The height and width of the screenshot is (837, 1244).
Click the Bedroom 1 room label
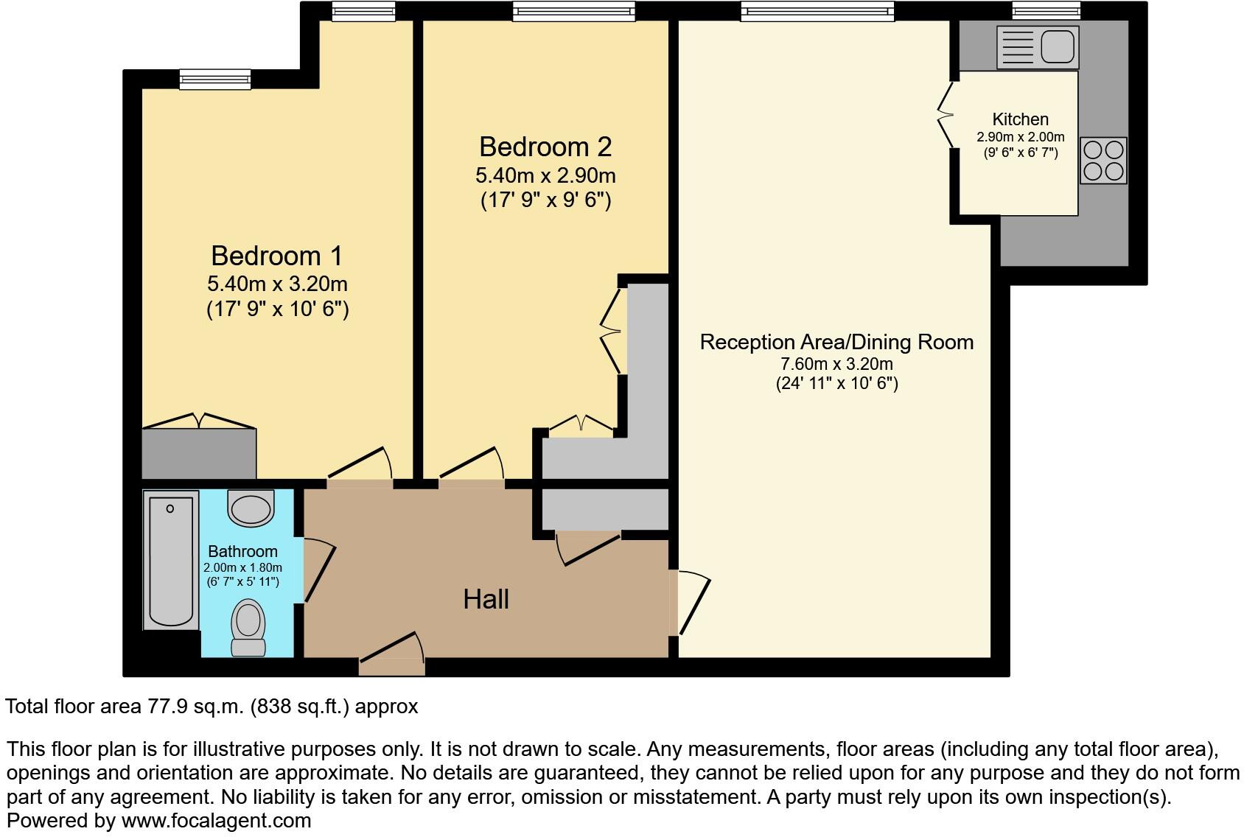(276, 256)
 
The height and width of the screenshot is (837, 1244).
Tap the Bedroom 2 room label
(545, 147)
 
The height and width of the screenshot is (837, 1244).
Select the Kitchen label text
(1020, 119)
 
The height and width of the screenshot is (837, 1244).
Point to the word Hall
(486, 600)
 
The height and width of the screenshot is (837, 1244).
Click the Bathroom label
(242, 551)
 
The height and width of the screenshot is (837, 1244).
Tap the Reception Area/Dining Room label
(836, 342)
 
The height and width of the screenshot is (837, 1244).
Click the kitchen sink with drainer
(1037, 46)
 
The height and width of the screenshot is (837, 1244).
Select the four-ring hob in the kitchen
(1103, 161)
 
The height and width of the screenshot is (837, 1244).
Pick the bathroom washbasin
(251, 508)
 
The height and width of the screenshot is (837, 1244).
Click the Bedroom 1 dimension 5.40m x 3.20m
(277, 284)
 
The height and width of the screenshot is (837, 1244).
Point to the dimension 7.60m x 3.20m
(836, 364)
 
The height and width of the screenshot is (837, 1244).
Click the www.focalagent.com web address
(216, 820)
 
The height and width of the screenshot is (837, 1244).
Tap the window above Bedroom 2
(574, 11)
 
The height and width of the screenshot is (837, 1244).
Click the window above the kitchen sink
(1046, 10)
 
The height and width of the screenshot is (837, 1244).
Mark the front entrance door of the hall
(391, 657)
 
